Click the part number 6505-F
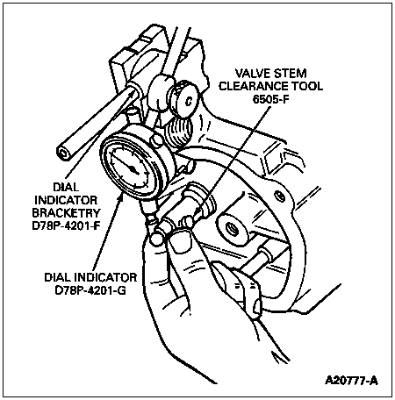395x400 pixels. click(x=270, y=99)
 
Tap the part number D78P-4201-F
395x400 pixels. click(x=66, y=226)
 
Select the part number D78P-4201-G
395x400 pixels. click(x=90, y=290)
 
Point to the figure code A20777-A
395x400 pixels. click(x=351, y=381)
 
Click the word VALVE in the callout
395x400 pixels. click(x=252, y=73)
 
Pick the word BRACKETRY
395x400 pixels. click(x=66, y=213)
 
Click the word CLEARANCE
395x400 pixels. click(x=254, y=86)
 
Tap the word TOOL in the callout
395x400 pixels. click(x=307, y=86)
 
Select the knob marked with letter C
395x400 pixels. click(x=185, y=99)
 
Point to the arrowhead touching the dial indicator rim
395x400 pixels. click(x=120, y=199)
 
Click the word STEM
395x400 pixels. click(x=289, y=73)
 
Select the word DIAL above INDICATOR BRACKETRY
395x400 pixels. click(x=66, y=187)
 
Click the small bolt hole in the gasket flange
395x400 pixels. click(x=280, y=196)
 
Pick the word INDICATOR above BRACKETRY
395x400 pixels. click(x=66, y=200)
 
